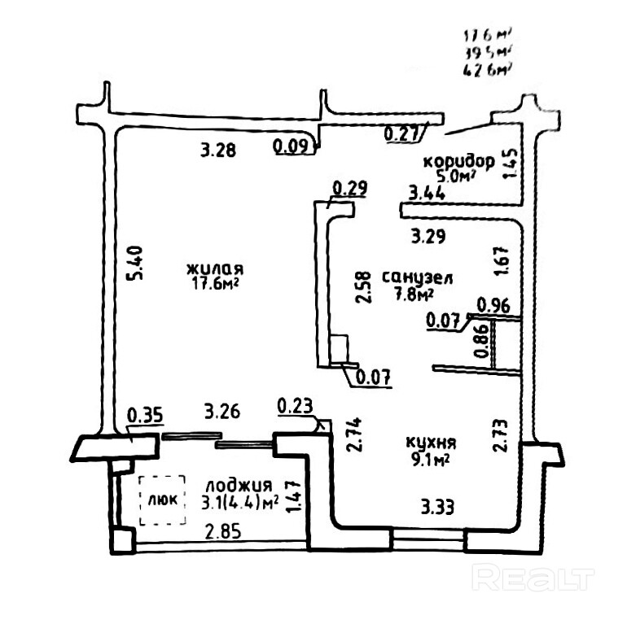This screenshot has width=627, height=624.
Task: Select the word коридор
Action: (458, 160)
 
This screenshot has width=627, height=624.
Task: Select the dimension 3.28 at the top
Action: (218, 150)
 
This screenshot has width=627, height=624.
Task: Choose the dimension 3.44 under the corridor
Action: (427, 194)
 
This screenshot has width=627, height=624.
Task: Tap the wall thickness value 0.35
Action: (147, 414)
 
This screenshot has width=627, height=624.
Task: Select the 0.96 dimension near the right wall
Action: (493, 306)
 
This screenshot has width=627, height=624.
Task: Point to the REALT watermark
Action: (533, 578)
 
